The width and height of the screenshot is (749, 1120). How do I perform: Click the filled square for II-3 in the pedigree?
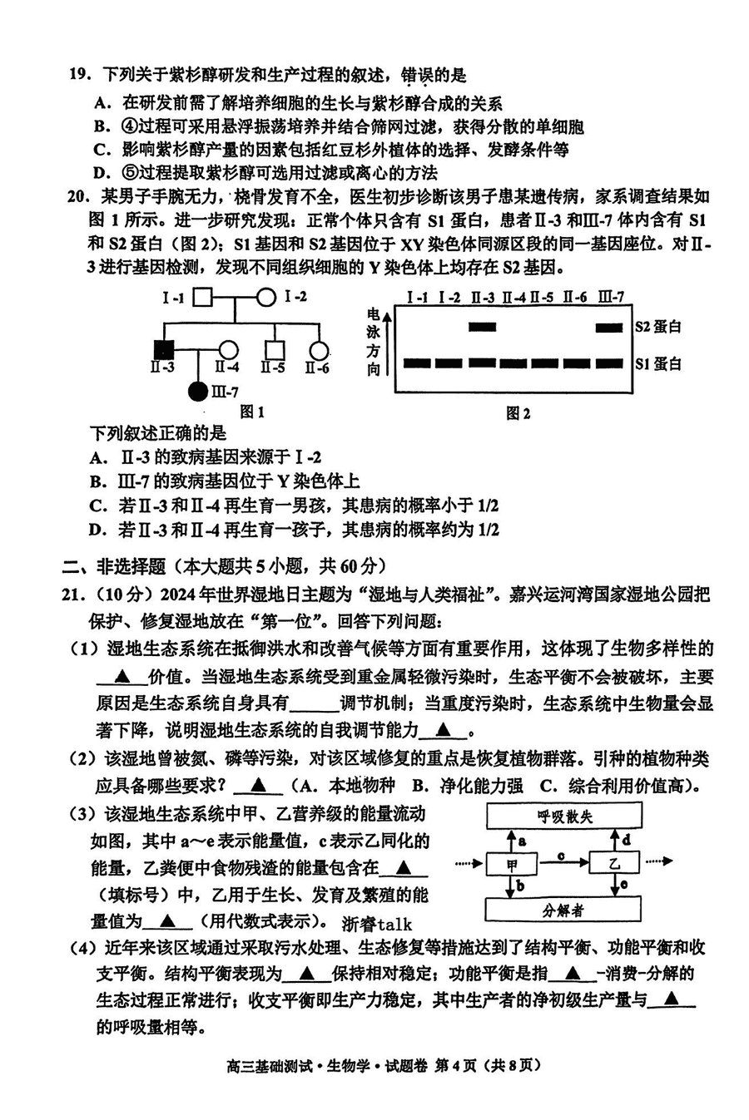pos(163,350)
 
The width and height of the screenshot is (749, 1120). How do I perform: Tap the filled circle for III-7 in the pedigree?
pos(198,389)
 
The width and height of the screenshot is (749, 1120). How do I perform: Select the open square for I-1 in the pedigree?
pos(203,297)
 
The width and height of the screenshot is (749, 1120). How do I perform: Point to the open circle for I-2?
pos(265,297)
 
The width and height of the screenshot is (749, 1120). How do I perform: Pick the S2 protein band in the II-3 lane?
pos(482,327)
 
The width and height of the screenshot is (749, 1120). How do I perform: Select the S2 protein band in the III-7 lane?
pos(609,327)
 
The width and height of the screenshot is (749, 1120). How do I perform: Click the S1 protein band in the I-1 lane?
pos(418,363)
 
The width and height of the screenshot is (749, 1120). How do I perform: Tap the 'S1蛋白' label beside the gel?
pos(658,363)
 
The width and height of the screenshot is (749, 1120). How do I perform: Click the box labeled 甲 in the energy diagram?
pos(512,865)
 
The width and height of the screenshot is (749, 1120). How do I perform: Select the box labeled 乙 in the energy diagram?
pos(614,865)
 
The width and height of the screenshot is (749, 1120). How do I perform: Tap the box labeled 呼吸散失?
pos(564,817)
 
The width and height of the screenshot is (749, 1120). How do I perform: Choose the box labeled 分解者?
pos(563,910)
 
